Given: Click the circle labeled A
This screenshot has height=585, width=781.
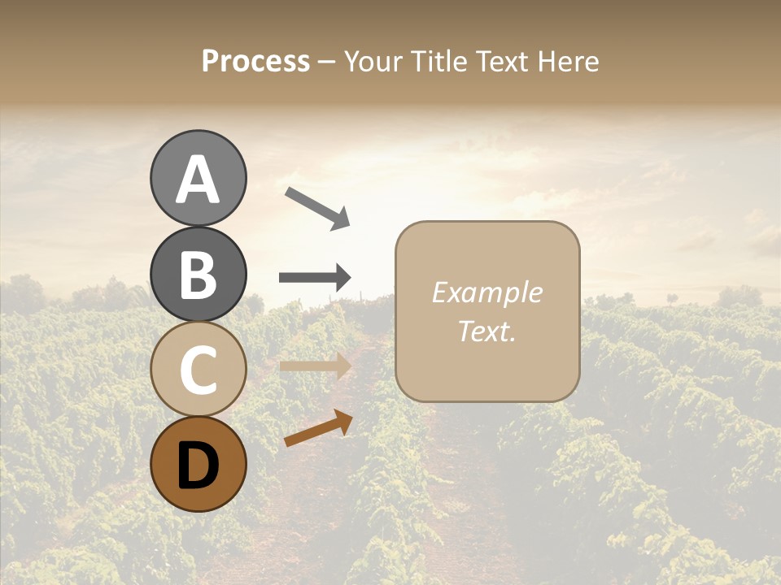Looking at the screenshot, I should [x=199, y=178].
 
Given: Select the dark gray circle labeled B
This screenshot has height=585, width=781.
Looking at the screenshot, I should [x=199, y=274].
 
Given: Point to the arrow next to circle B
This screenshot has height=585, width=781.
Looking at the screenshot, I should [x=315, y=278].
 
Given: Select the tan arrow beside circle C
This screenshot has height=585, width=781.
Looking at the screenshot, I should [x=315, y=366].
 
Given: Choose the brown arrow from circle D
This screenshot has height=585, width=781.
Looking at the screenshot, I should [x=318, y=428].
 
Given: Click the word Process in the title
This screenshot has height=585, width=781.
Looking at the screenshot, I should [x=255, y=62].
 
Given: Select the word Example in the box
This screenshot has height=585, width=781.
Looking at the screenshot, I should [x=486, y=292].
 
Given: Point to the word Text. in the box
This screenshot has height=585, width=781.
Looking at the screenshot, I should [x=486, y=331].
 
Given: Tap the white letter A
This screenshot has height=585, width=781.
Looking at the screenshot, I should [x=199, y=180].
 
